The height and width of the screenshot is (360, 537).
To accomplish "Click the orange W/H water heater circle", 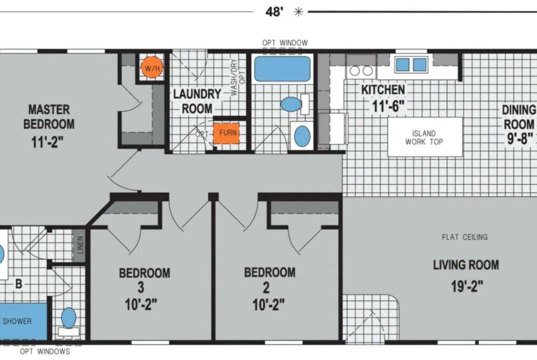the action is [x=152, y=67].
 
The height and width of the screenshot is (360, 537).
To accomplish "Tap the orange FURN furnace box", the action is [x=226, y=133].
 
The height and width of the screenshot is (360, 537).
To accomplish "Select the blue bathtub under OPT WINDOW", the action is [x=282, y=69].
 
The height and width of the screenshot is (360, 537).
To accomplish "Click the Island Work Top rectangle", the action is [x=425, y=137].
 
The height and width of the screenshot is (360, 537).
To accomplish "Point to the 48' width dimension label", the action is [x=274, y=12].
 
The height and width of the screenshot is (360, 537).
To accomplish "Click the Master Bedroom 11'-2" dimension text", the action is [x=47, y=142].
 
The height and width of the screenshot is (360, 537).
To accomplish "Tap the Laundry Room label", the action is [x=197, y=101].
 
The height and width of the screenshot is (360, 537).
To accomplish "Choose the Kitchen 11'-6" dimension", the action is [x=388, y=106].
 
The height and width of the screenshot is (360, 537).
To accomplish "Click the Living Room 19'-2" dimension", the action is [x=467, y=286].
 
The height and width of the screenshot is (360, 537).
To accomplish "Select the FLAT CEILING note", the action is [x=465, y=237].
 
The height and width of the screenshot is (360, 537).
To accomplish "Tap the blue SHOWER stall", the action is [x=23, y=321].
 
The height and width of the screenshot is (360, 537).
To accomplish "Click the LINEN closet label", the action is [x=80, y=245].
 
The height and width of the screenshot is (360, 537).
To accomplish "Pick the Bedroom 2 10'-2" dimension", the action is [x=268, y=304].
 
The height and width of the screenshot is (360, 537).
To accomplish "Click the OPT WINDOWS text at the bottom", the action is [x=45, y=351].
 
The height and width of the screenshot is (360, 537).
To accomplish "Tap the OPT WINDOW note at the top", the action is [x=285, y=43].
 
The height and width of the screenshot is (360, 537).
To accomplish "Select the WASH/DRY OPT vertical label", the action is [x=238, y=78].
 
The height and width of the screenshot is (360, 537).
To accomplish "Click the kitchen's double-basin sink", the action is [x=411, y=65].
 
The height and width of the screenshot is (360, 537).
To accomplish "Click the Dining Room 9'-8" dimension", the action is [x=520, y=138].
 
